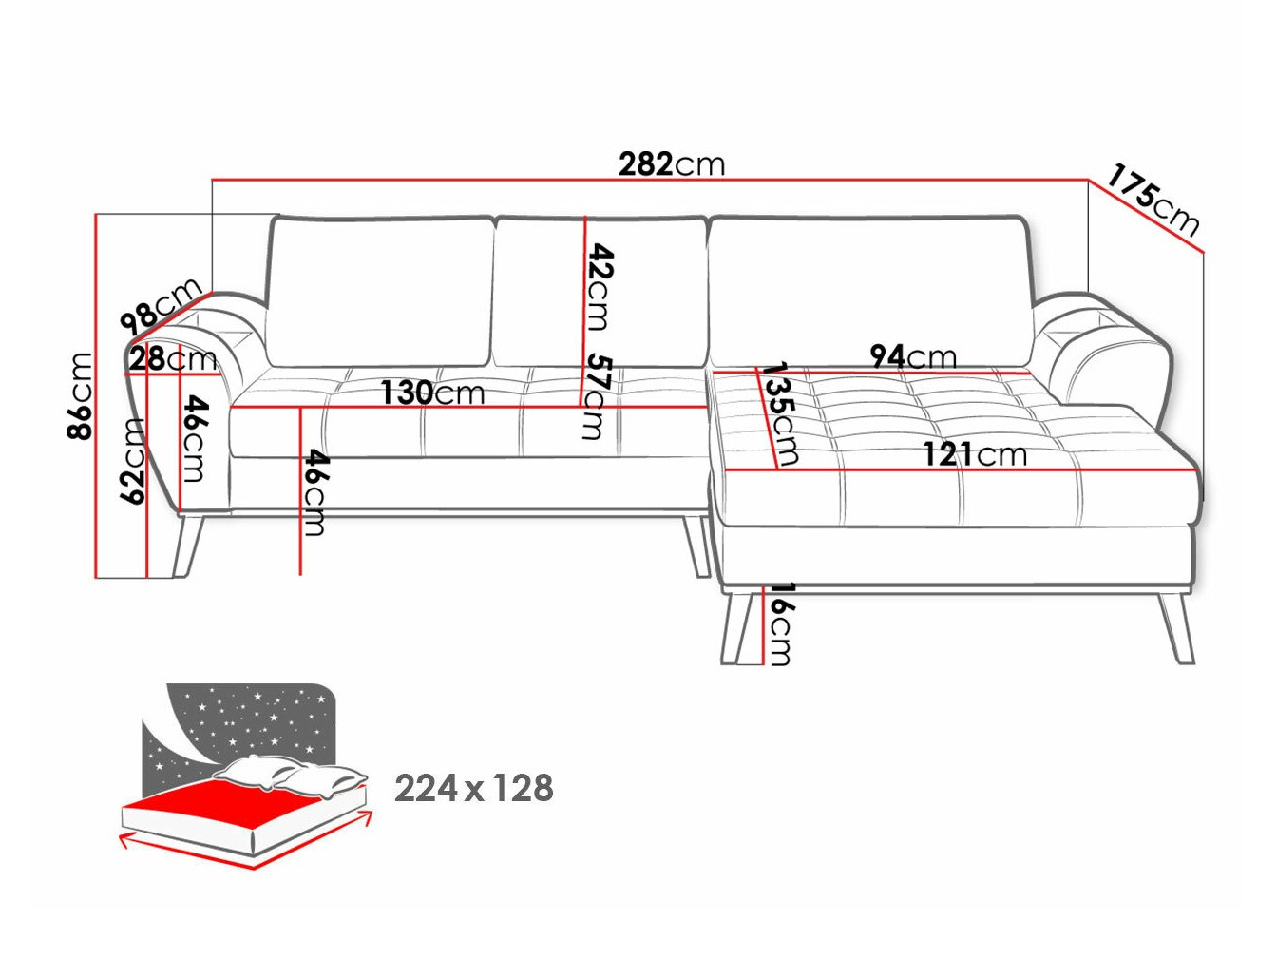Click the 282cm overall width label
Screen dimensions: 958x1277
tap(672, 164)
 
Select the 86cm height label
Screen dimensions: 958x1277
tap(81, 395)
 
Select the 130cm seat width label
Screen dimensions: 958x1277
tap(432, 393)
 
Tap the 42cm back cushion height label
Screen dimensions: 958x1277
tap(600, 286)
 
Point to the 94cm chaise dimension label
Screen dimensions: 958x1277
tap(913, 356)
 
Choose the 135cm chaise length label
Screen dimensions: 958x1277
tap(780, 413)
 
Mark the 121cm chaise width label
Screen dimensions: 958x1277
tap(975, 454)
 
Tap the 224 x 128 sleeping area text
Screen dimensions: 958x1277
tap(473, 789)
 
